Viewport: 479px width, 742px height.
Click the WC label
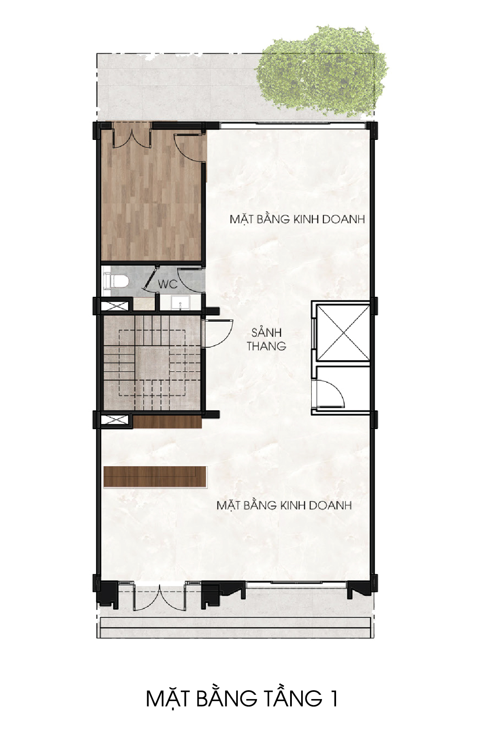(168, 284)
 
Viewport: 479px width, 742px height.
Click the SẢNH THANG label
(267, 339)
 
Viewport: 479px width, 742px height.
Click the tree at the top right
(322, 70)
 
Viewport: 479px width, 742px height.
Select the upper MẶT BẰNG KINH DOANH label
(297, 219)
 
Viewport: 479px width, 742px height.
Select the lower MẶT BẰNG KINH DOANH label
(284, 505)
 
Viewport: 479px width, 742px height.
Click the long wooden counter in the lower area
(155, 477)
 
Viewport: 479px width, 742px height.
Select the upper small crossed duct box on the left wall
(114, 306)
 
